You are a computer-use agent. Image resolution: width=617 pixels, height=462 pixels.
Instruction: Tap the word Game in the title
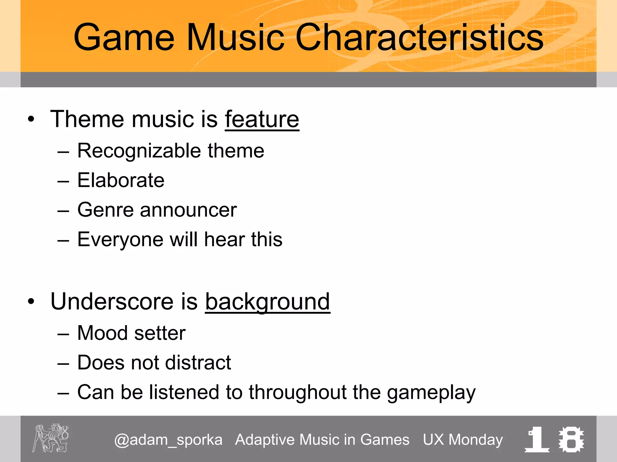124,37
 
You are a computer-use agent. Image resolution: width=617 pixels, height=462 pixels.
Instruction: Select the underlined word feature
262,119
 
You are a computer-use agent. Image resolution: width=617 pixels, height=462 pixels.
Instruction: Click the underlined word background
268,302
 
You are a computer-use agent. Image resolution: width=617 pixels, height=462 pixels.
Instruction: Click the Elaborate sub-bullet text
121,180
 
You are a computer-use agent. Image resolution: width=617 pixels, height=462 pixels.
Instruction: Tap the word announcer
188,210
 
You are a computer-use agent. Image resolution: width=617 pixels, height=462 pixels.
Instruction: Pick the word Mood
102,333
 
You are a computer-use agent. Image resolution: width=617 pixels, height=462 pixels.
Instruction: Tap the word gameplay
431,393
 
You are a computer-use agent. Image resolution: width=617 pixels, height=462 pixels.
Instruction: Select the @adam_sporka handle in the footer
168,440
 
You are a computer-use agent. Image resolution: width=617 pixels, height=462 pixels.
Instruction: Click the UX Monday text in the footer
463,440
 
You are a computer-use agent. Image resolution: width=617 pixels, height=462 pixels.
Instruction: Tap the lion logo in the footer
51,438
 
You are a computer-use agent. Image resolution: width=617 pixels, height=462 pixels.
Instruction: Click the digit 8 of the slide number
571,439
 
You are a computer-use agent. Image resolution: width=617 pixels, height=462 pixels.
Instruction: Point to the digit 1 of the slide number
537,439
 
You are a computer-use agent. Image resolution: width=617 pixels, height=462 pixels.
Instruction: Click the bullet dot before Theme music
31,119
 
